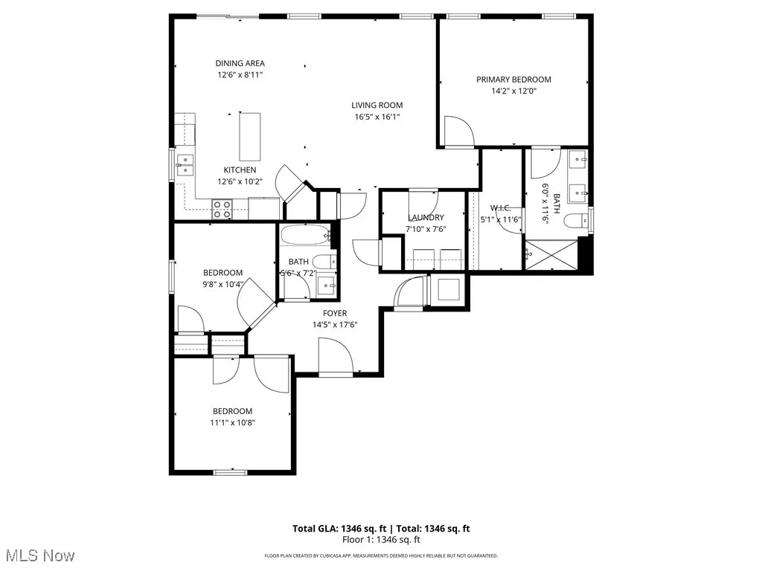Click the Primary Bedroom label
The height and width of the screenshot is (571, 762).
(513, 80)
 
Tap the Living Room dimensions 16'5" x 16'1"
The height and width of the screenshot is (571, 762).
(377, 117)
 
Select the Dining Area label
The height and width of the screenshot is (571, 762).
(240, 63)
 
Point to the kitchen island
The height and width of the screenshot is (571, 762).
(250, 136)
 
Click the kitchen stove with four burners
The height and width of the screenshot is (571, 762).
(222, 209)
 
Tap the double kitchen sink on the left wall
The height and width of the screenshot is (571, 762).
(185, 164)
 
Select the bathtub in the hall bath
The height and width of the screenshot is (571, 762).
(305, 236)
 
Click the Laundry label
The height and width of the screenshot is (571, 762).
(426, 217)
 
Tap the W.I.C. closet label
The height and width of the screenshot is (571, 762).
(500, 208)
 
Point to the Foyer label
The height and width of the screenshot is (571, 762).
(334, 313)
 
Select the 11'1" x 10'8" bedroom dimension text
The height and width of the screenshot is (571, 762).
(232, 422)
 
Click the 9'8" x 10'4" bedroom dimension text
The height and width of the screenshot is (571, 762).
(222, 283)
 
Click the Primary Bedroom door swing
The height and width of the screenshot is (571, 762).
(458, 132)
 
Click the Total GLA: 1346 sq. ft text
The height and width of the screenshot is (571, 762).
(338, 529)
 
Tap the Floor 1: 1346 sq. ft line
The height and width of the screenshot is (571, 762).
(381, 540)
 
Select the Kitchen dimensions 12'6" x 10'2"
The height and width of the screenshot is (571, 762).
(240, 181)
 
